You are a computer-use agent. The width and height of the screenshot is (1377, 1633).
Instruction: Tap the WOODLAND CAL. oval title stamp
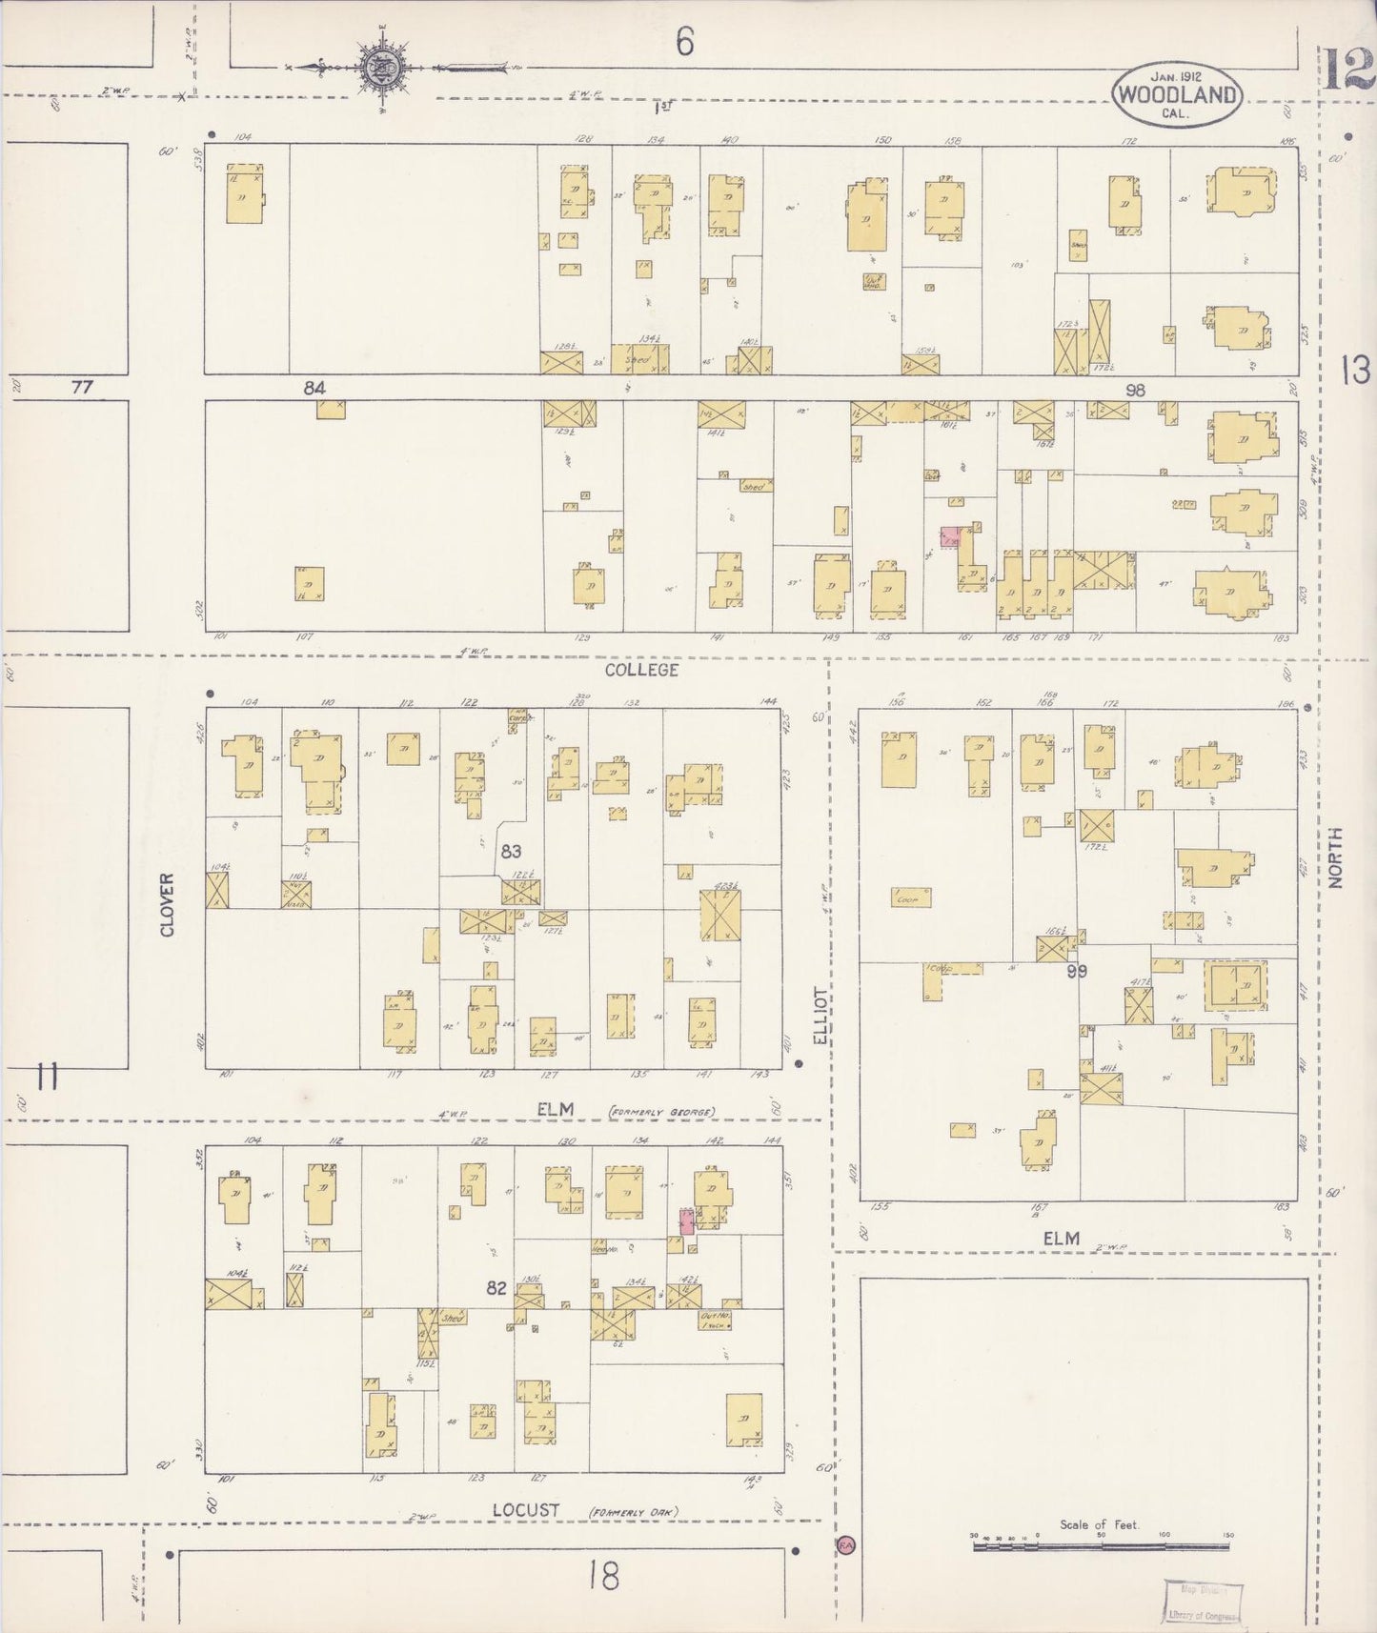(x=1178, y=94)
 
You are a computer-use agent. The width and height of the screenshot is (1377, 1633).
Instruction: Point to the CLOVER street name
(x=168, y=904)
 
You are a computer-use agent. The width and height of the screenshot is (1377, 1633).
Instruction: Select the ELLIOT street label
(x=821, y=1016)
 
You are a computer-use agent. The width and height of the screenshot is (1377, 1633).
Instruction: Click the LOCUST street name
(x=526, y=1510)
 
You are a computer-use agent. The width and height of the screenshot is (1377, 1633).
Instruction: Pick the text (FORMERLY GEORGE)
(x=662, y=1111)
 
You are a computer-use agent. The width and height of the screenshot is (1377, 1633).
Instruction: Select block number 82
(x=496, y=1288)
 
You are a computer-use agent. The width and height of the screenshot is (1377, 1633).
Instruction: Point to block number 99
(x=1077, y=972)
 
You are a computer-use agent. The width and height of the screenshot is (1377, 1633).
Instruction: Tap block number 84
(x=314, y=388)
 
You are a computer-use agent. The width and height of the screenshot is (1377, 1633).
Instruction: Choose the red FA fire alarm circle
(x=845, y=1544)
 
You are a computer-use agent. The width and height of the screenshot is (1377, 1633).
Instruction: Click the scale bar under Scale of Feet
(x=1101, y=1548)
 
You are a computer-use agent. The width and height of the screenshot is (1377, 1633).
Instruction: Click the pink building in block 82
(x=686, y=1221)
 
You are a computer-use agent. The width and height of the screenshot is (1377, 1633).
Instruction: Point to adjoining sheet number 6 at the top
(x=684, y=43)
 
